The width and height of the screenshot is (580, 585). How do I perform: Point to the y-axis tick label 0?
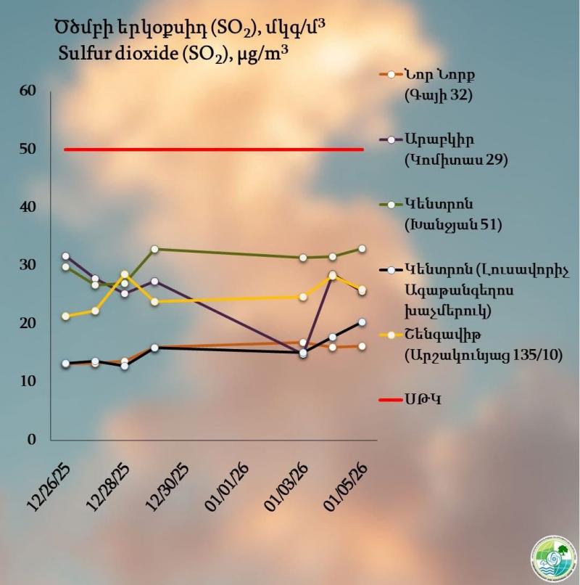[31, 439]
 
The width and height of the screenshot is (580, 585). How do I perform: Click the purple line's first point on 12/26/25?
[66, 256]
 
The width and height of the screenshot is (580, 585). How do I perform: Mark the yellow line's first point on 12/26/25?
[66, 316]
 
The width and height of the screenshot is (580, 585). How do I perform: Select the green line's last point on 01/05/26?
[362, 249]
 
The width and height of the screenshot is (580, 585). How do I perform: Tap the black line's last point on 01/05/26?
[362, 322]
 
